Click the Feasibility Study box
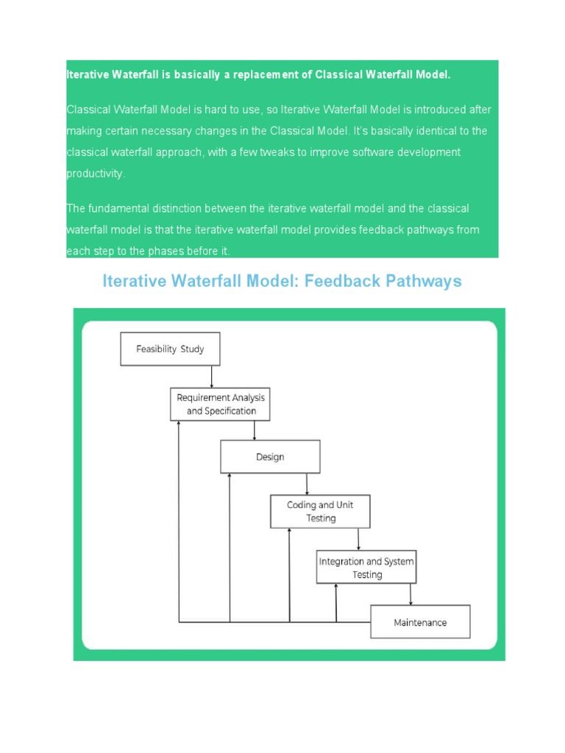click(170, 349)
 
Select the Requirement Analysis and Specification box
click(220, 404)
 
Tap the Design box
click(270, 457)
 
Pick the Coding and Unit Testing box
click(320, 512)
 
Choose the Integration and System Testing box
click(366, 568)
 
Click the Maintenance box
click(420, 622)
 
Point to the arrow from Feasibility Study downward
click(212, 376)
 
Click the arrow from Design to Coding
click(308, 484)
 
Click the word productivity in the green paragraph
click(95, 174)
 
